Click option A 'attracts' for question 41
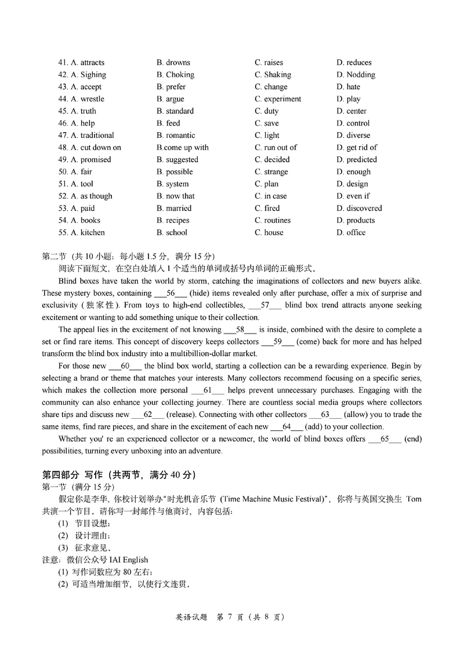tap(92, 63)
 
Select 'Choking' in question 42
tap(180, 75)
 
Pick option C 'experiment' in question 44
tap(282, 99)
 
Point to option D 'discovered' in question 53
tap(364, 208)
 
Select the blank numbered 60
tap(125, 366)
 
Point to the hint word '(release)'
tap(183, 415)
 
